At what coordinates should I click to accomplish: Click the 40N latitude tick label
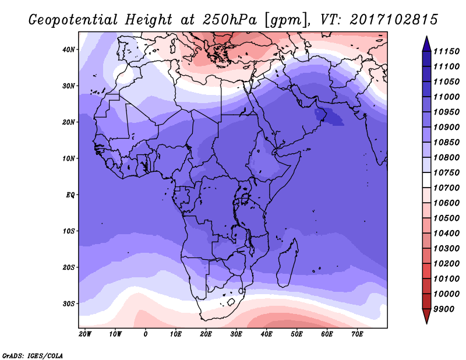[x=69, y=50]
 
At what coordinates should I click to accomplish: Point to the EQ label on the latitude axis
[x=69, y=195]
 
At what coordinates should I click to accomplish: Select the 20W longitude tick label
[x=85, y=334]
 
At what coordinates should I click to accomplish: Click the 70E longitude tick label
[x=358, y=334]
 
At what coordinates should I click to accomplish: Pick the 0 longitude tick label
[x=146, y=334]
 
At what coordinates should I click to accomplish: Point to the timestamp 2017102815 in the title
[x=394, y=20]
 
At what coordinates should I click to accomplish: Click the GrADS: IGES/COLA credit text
[x=33, y=354]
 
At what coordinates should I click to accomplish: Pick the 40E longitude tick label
[x=267, y=334]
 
